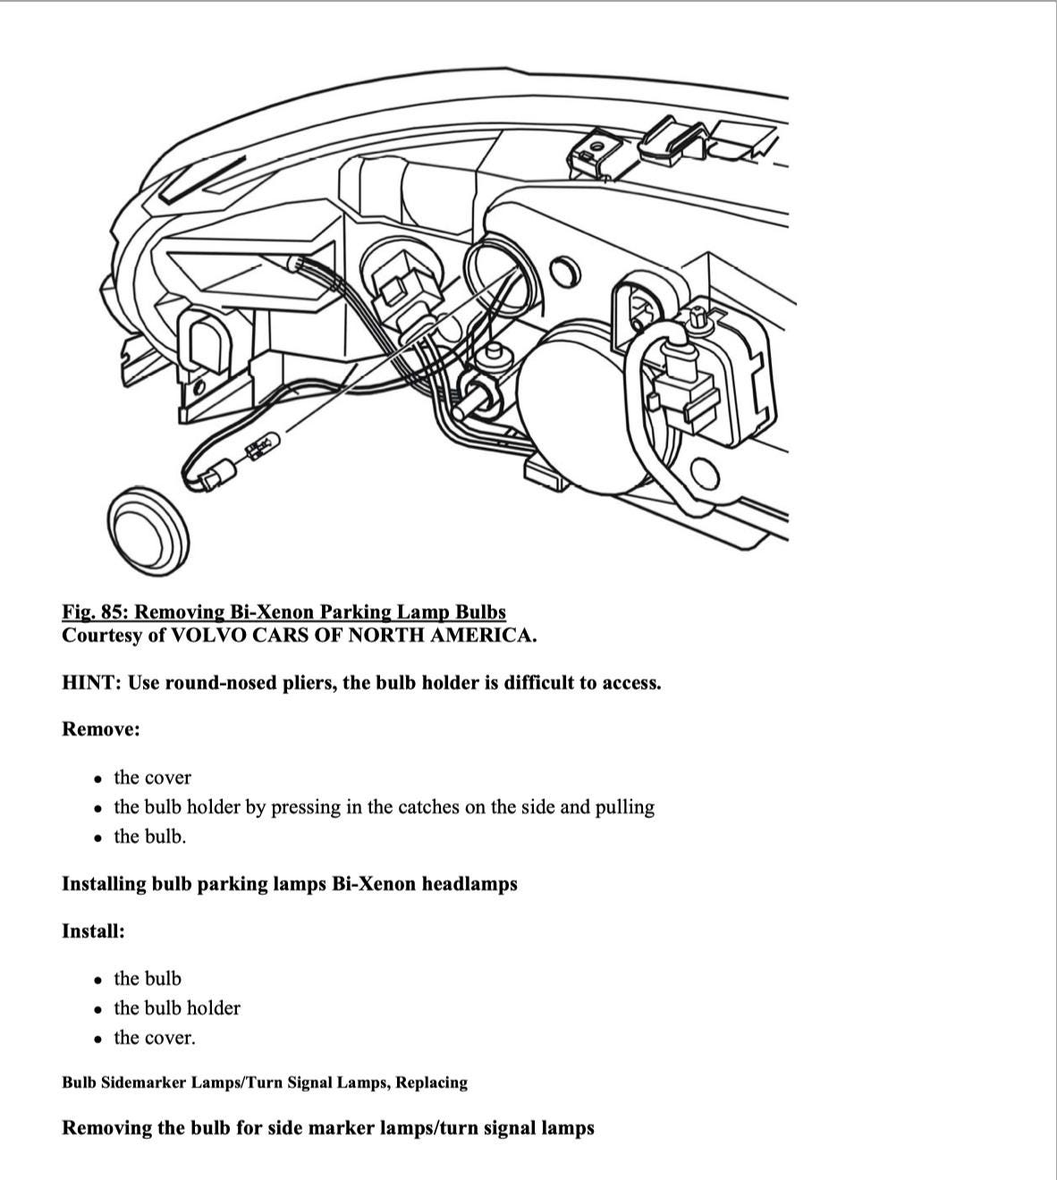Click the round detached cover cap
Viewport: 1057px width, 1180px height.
(148, 535)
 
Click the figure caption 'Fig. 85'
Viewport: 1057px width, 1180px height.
(283, 612)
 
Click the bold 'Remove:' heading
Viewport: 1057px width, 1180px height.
(101, 729)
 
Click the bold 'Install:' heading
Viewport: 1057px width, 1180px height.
(93, 931)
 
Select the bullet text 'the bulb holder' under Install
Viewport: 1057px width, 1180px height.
(177, 1008)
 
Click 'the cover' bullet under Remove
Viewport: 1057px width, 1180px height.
(152, 778)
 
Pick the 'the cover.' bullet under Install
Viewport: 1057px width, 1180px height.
(154, 1038)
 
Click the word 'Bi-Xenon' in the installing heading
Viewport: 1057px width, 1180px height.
(374, 884)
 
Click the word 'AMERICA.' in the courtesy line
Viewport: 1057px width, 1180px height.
(488, 636)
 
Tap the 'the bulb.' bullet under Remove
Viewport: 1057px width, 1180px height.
(150, 837)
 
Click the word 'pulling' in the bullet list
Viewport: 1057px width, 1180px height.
(625, 807)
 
